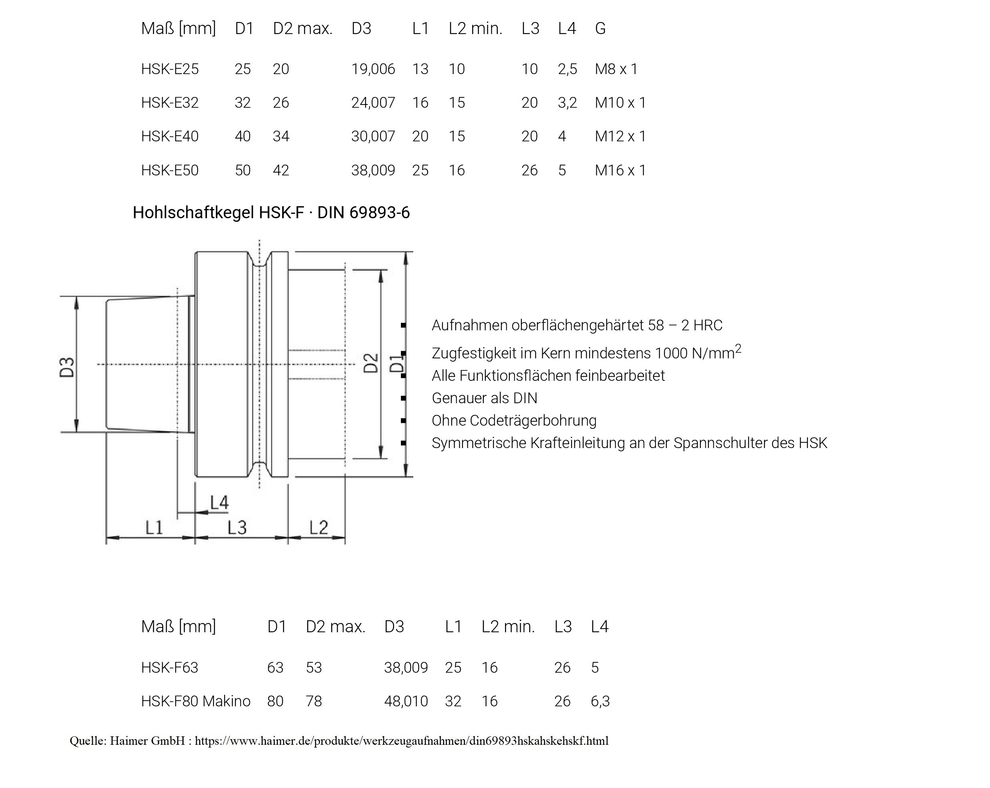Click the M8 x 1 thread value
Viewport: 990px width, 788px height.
coord(616,69)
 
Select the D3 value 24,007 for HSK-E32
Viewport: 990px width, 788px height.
coord(373,103)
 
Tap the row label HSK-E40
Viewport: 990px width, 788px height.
coord(169,137)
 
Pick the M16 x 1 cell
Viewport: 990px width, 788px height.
coord(620,170)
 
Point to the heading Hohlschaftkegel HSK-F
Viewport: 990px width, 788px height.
coord(271,213)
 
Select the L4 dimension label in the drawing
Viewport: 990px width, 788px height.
coord(219,503)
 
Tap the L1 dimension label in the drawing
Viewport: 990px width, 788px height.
coord(154,527)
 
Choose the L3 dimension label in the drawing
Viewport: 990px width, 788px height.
coord(237,527)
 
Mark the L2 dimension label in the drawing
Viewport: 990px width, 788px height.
coord(318,527)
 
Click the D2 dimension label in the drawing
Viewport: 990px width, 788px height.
coord(371,363)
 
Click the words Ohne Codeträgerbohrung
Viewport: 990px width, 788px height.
coord(514,421)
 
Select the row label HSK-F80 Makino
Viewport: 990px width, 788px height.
coord(195,701)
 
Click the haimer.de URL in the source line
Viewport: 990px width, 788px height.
coord(401,741)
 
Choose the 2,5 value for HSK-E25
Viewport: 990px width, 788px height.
coord(567,69)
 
